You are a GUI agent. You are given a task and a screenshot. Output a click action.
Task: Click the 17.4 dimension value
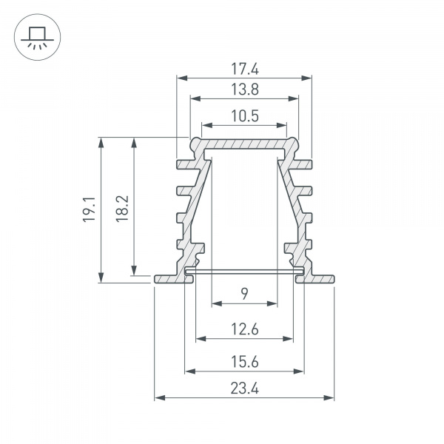point(244,69)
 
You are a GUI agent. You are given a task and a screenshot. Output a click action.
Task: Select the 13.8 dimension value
point(244,90)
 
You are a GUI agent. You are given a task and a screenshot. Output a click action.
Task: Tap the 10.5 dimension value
point(244,116)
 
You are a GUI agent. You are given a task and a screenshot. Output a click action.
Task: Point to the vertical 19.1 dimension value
point(88,209)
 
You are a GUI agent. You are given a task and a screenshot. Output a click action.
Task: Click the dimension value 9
point(244,295)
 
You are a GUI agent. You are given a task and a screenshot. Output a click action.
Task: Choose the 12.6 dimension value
point(244,330)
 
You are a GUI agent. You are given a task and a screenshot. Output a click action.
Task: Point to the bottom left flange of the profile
point(169,278)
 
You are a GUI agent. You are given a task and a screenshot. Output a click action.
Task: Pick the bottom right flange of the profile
point(320,278)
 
